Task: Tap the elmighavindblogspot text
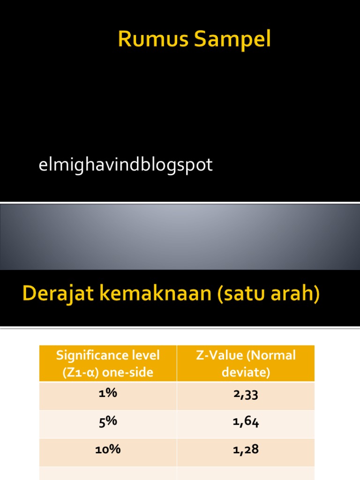125,165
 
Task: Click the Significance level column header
108,363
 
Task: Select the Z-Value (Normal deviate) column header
246,363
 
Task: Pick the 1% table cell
108,394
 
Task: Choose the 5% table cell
108,421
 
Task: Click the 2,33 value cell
246,394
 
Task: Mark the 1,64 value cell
246,422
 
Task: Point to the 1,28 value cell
246,450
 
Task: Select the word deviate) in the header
246,372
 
